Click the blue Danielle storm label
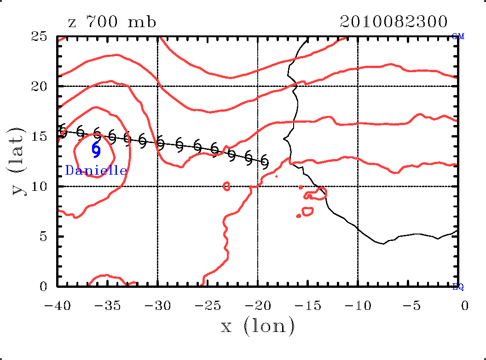tap(96, 171)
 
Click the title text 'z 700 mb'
tap(112, 22)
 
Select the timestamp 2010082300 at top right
tap(393, 22)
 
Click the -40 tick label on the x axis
tap(57, 306)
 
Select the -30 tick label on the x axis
tap(157, 306)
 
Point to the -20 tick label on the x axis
tap(257, 306)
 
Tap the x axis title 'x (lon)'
tap(257, 326)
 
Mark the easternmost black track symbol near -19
tap(264, 162)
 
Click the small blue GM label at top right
tap(458, 37)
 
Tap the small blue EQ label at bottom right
tap(458, 287)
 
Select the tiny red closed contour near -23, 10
tap(226, 186)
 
